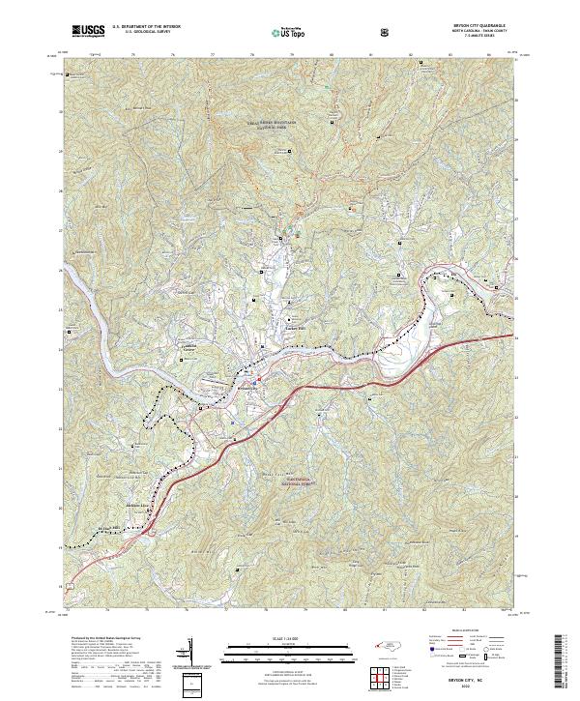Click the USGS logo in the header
point(87,31)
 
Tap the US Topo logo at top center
point(290,31)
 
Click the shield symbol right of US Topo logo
point(333,31)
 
